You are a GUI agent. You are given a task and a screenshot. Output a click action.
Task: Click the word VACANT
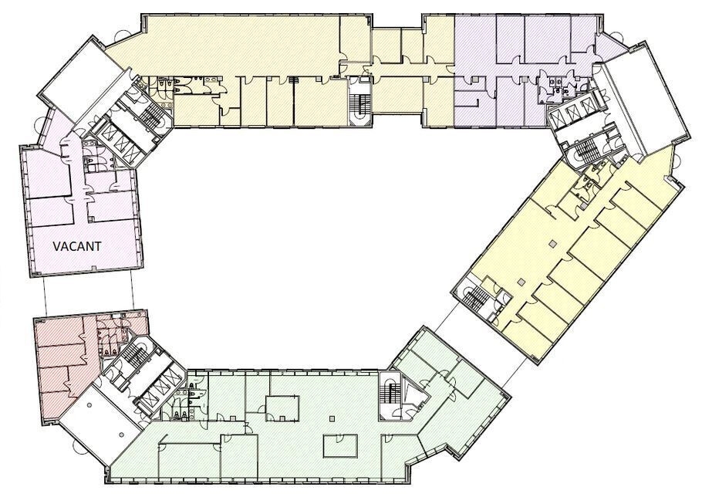pos(77,246)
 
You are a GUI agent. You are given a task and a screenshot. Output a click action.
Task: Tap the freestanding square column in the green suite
pos(331,419)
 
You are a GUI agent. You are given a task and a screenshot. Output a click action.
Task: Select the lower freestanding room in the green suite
pos(340,445)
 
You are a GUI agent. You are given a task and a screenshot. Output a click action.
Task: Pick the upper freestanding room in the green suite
pos(282,408)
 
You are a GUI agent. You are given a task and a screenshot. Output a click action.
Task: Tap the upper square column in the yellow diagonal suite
pos(554,243)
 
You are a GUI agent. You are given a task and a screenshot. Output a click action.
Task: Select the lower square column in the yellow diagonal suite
pos(521,282)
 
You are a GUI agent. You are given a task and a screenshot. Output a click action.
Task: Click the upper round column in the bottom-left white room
pos(89,404)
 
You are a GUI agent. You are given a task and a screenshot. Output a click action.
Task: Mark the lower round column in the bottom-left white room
pos(121,434)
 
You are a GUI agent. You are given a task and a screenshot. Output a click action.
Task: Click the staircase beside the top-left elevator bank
pos(149,115)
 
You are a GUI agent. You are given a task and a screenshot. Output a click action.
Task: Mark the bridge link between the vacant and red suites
pos(88,292)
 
